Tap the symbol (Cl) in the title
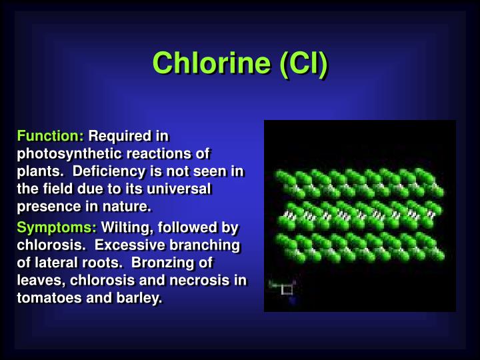tap(303, 64)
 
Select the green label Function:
tap(50, 136)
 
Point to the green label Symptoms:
tap(57, 227)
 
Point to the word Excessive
tap(145, 245)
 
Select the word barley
tap(143, 297)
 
